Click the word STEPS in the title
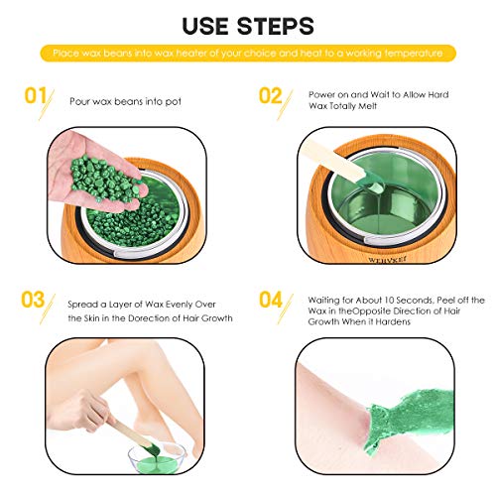[275, 26]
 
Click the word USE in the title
[205, 26]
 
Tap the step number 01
[36, 95]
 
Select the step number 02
[270, 95]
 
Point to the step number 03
[33, 300]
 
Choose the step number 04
[271, 300]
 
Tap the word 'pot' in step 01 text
[174, 102]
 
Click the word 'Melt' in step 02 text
[367, 106]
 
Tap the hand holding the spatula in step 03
[81, 410]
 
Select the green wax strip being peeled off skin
[409, 419]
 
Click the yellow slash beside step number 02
[285, 105]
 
